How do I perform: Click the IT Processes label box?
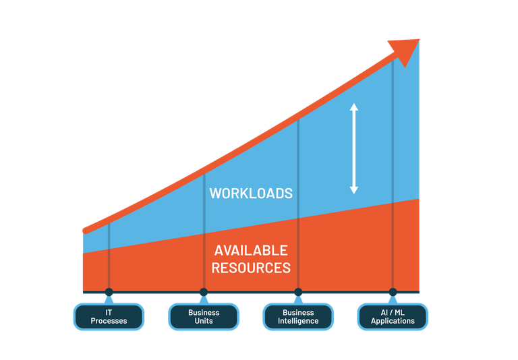click(x=109, y=316)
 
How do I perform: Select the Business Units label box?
click(x=204, y=316)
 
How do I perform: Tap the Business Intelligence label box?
click(x=298, y=316)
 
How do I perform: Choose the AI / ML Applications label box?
click(x=393, y=316)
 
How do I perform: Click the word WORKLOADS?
click(x=251, y=193)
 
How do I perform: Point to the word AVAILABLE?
click(x=251, y=250)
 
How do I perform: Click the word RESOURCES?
click(x=251, y=268)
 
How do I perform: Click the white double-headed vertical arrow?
click(x=353, y=148)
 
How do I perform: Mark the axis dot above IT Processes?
click(x=109, y=292)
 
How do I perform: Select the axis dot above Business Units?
click(x=204, y=292)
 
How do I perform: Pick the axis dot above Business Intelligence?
click(x=298, y=292)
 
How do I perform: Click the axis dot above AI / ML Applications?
click(x=393, y=292)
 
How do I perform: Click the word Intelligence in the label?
click(x=298, y=321)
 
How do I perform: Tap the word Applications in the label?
click(x=393, y=321)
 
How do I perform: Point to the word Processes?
click(x=109, y=321)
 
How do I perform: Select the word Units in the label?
click(x=204, y=321)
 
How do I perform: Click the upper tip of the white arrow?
click(x=353, y=104)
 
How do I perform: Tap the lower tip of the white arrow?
click(x=353, y=192)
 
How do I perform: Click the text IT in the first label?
click(x=109, y=313)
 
